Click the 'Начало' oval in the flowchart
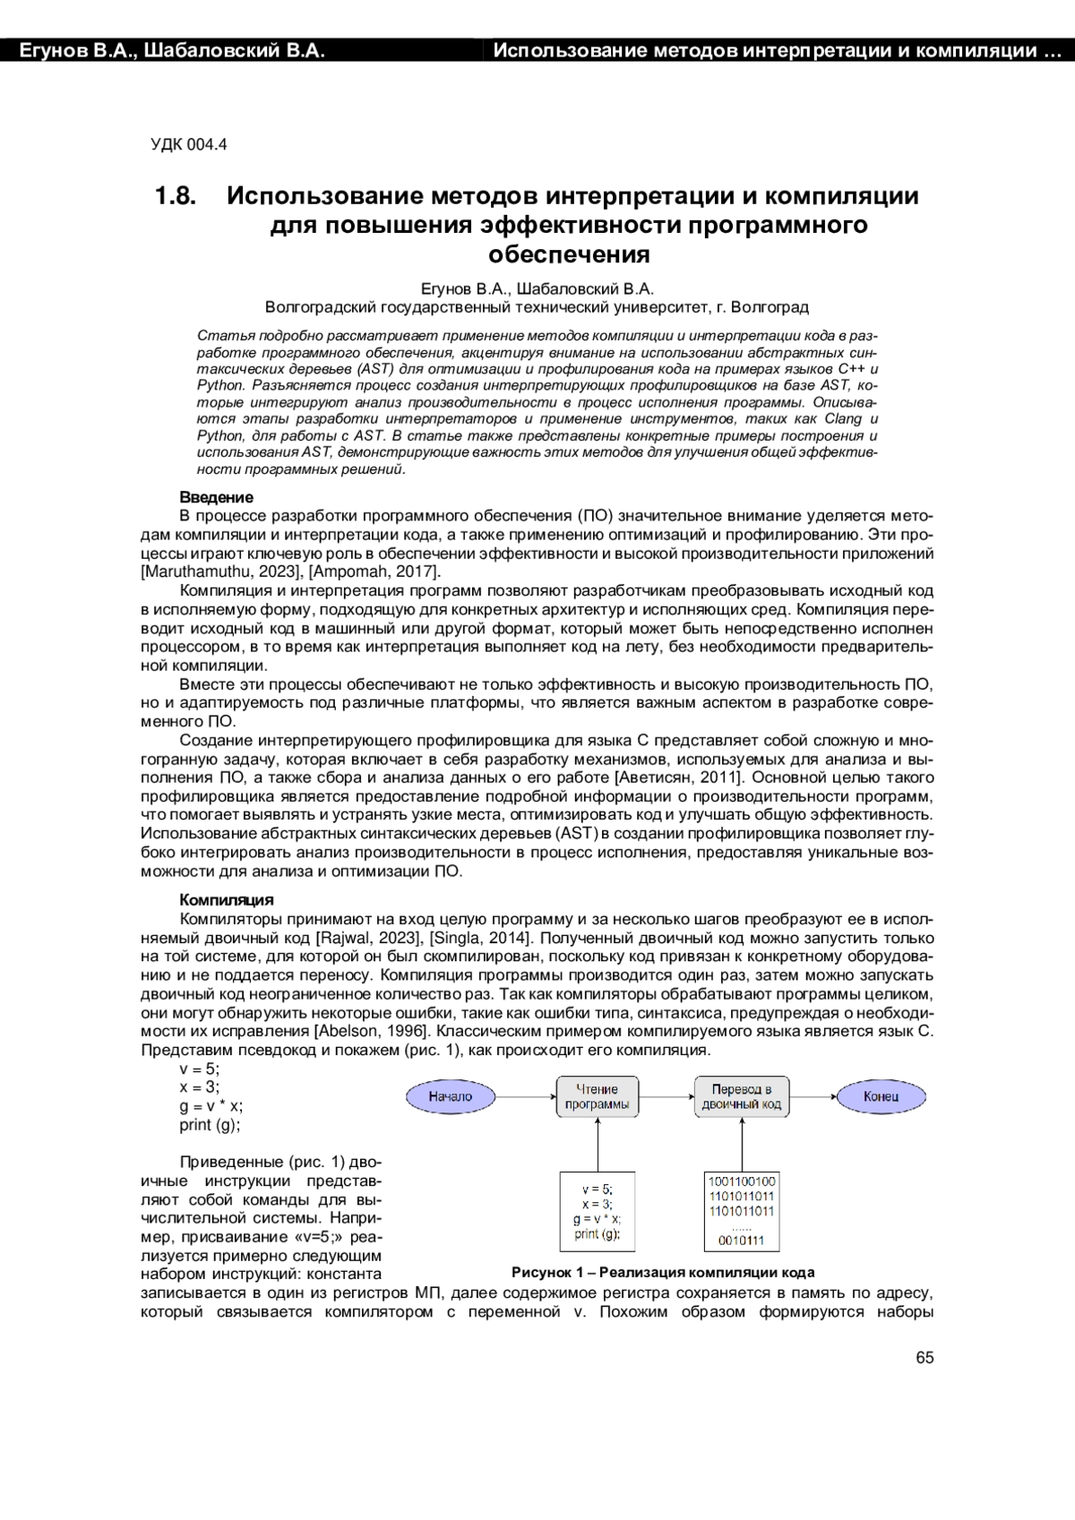click(450, 1095)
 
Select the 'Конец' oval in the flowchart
click(881, 1095)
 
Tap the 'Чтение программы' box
click(597, 1096)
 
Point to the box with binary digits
click(741, 1211)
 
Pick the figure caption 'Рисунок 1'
click(662, 1272)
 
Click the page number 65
click(924, 1358)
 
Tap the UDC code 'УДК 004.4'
click(188, 144)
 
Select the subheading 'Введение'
click(216, 497)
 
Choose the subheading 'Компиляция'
click(226, 900)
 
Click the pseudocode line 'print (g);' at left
click(210, 1125)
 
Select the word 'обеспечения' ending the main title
click(568, 254)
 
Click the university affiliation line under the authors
click(537, 307)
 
